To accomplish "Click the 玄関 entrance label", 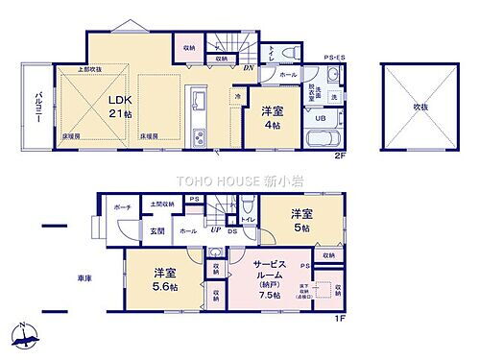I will click(x=156, y=231).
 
